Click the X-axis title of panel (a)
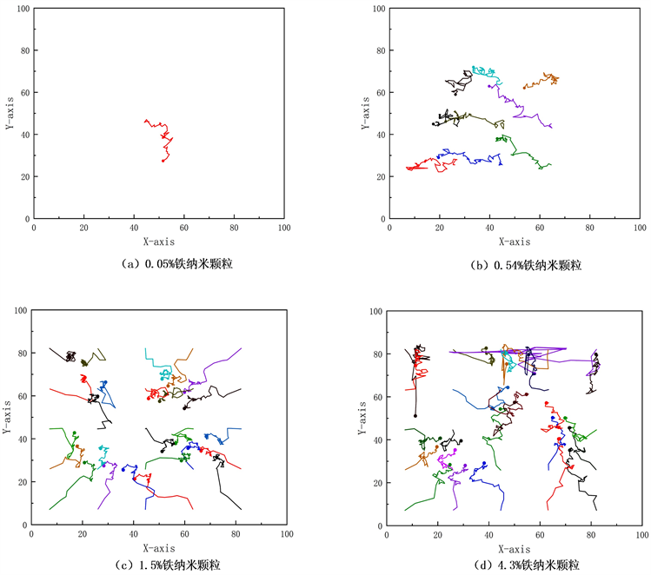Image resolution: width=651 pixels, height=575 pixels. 159,241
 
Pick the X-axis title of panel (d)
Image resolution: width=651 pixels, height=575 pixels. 515,549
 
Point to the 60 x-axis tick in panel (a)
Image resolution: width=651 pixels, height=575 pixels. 183,228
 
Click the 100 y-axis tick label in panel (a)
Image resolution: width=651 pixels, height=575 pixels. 23,9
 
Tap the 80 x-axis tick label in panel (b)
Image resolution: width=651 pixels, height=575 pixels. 590,228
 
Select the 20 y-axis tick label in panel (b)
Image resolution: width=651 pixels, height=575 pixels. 381,176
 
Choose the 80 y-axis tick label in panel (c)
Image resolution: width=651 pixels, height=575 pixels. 20,354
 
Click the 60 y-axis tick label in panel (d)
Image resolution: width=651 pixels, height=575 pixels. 375,397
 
